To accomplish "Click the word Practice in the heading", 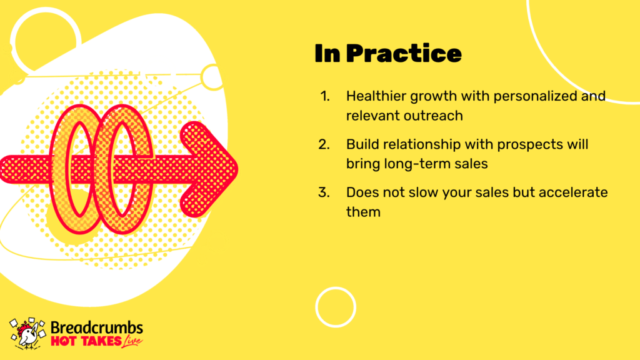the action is click(404, 54).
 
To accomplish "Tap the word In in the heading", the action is click(327, 54).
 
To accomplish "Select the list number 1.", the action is click(325, 96).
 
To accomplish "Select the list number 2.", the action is click(324, 144).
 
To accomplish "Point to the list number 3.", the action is click(324, 192).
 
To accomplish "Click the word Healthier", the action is click(376, 96).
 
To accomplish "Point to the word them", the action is click(363, 212).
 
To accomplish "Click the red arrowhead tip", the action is click(238, 169).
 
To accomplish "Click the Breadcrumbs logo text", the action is click(97, 327).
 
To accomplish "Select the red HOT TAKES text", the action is click(86, 341).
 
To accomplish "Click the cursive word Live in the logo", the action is click(132, 341).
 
